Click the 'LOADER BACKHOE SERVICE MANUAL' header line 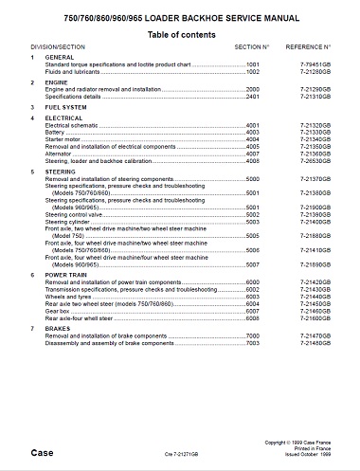tap(180, 17)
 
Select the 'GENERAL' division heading tap(60, 59)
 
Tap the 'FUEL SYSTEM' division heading tap(65, 108)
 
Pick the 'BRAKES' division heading tap(58, 328)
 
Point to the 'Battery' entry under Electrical tap(58, 132)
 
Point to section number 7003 tap(253, 343)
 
